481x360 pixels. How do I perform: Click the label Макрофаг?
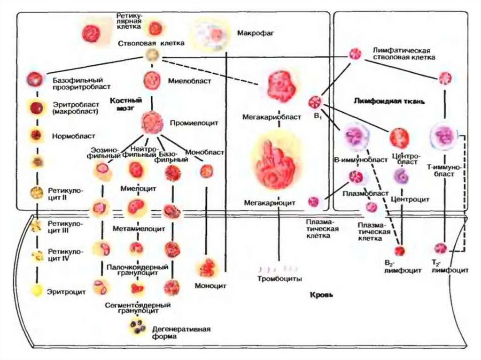(x=256, y=34)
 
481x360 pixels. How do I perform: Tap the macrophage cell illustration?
(x=215, y=35)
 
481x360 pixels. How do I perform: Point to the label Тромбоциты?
(x=279, y=278)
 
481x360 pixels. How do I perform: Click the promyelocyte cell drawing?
(x=152, y=122)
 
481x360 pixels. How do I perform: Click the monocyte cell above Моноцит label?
(x=207, y=268)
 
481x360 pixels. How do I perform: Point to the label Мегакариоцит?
(x=269, y=203)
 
